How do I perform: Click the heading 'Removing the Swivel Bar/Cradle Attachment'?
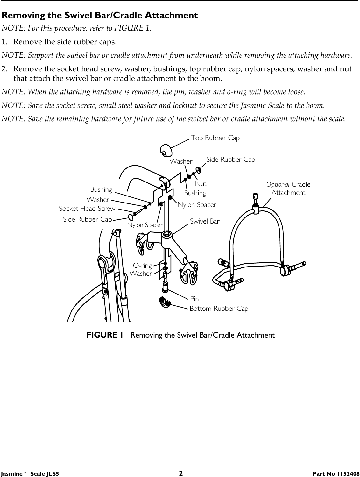100,15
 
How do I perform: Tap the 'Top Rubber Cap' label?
215,138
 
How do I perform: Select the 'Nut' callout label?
201,184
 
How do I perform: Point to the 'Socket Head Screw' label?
87,209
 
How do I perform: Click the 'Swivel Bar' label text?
205,221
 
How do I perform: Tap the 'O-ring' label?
142,265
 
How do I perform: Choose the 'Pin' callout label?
194,299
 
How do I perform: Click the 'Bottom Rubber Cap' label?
219,309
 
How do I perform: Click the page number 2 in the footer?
180,473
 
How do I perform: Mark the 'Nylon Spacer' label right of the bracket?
197,205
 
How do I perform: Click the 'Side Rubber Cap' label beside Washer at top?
231,159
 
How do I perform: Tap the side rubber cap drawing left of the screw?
131,217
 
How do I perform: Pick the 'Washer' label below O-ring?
141,274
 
